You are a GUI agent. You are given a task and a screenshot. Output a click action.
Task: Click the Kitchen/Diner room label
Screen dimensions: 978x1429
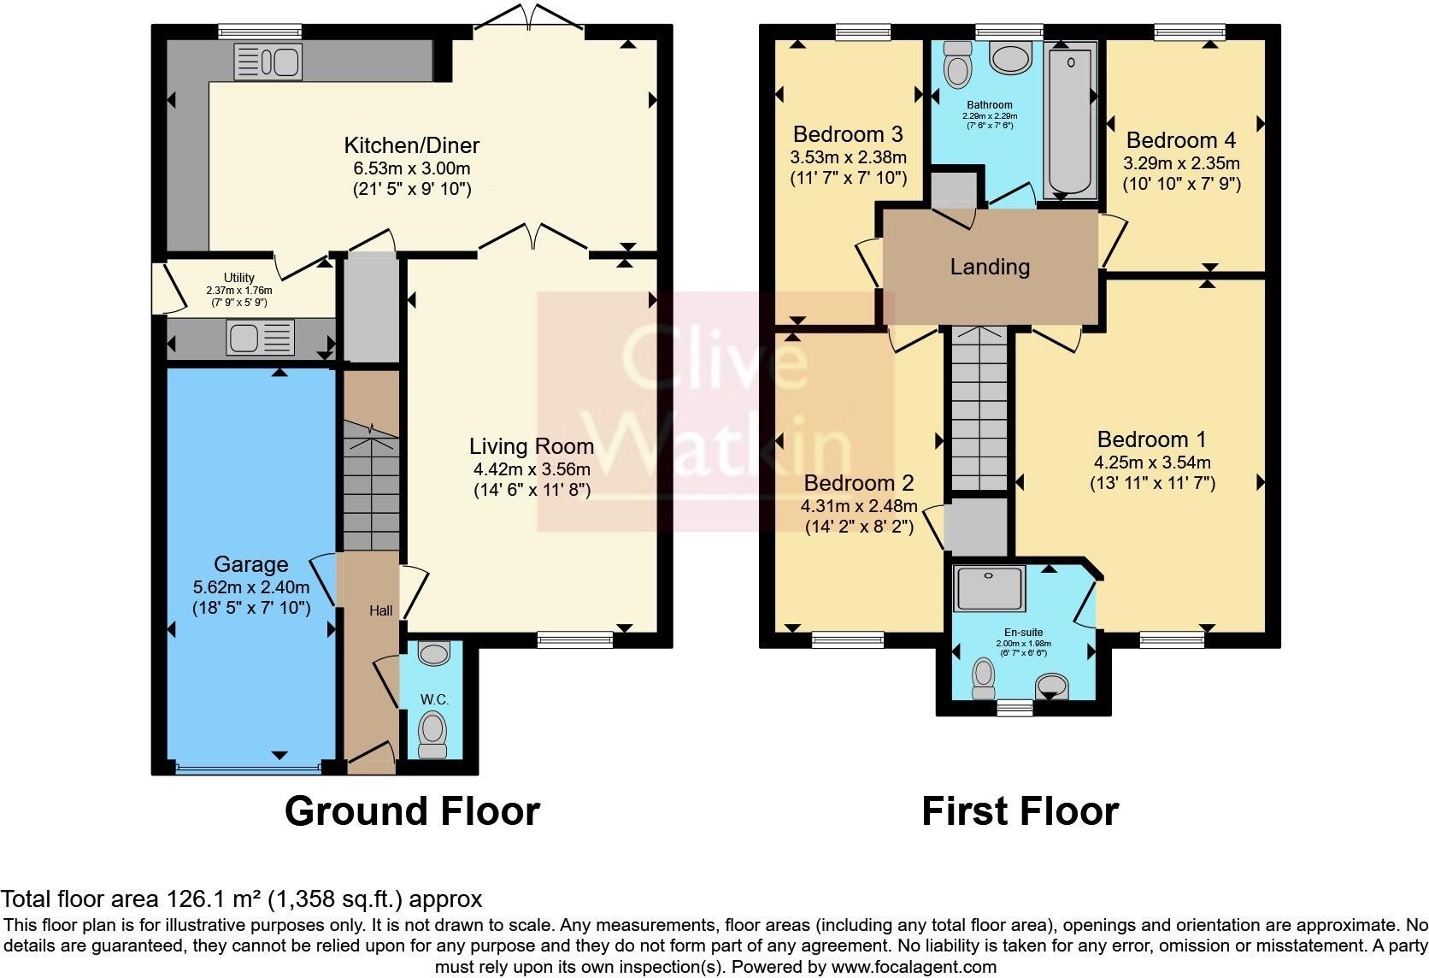coord(411,145)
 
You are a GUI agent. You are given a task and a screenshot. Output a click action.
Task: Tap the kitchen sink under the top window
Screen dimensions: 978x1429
coord(268,62)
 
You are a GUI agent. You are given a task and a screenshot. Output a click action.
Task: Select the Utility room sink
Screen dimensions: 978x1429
coord(260,337)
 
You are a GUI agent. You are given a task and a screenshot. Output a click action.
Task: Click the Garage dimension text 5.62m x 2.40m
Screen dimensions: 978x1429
coord(251,587)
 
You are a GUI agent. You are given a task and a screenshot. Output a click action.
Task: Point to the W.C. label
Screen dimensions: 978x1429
coord(434,699)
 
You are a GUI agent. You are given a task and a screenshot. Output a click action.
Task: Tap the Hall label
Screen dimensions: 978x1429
coord(381,610)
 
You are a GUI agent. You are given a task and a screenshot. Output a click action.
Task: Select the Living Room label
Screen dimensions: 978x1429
coord(531,446)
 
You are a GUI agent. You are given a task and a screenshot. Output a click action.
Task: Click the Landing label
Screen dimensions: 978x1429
coord(990,267)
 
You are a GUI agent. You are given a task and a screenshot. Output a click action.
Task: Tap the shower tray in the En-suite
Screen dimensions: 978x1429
coord(989,588)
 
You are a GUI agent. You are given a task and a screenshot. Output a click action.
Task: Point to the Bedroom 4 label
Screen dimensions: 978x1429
coord(1180,140)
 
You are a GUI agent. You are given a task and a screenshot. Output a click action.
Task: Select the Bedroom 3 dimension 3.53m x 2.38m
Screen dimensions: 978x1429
coord(848,157)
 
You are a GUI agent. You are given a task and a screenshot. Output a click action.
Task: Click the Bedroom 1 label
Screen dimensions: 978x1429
coord(1151,439)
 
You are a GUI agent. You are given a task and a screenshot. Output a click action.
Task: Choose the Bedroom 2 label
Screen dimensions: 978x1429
coord(859,483)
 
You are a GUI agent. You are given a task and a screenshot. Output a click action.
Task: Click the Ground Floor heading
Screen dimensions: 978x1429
coord(412,811)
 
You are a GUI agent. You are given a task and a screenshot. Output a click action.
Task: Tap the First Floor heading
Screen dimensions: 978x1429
coord(1020,811)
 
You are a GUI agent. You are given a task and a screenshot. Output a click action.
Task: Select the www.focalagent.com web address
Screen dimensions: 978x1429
coord(914,968)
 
